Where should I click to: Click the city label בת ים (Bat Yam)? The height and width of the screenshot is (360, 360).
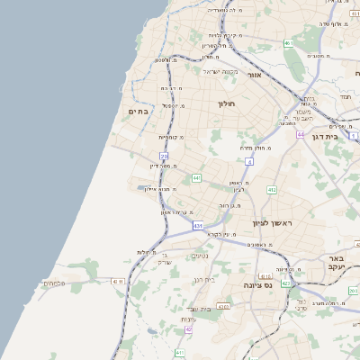[138, 112]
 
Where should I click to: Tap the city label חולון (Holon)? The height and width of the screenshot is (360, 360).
[225, 104]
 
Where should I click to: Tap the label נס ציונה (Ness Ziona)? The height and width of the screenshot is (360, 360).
[258, 285]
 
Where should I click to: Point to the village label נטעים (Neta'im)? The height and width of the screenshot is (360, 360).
[200, 256]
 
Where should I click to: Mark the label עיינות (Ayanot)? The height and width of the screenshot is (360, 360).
[188, 319]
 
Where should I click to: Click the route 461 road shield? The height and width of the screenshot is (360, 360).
[288, 42]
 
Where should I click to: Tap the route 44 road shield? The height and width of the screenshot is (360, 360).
[299, 134]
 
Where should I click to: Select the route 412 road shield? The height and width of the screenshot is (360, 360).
[271, 191]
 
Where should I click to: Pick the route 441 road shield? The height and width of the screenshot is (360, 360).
[196, 178]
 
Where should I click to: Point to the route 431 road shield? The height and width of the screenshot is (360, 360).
[197, 226]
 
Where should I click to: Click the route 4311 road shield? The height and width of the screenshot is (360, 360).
[118, 282]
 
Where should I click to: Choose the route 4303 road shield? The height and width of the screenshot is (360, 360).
[221, 306]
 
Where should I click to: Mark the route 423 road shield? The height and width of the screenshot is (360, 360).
[285, 283]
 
